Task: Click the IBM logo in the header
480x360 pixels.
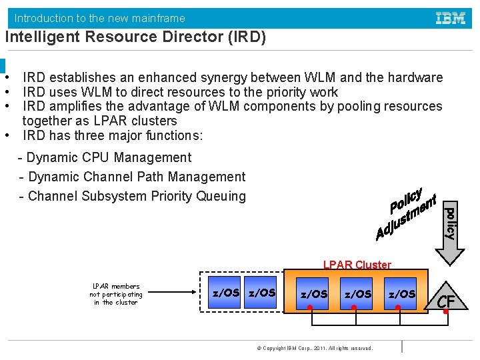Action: click(451, 18)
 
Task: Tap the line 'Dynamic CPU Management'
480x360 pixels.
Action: click(108, 158)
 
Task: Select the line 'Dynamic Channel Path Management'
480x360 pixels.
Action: click(137, 177)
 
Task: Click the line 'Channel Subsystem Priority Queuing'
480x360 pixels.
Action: click(137, 196)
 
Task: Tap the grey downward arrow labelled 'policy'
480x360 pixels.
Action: click(451, 227)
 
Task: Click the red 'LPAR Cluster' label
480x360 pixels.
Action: click(357, 265)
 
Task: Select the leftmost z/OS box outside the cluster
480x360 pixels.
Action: click(225, 293)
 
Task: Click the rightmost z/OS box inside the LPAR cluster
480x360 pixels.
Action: click(401, 294)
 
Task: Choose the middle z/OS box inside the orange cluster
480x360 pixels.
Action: click(357, 294)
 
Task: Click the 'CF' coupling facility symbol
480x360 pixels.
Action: click(445, 301)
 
